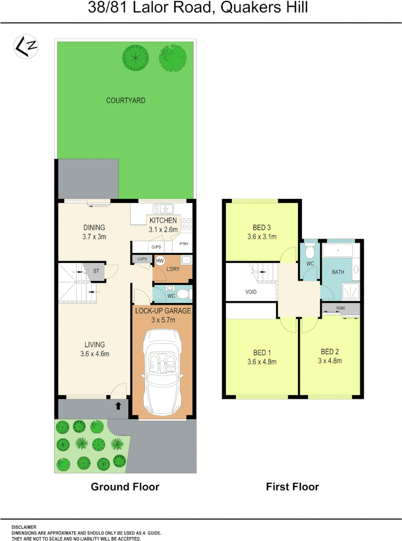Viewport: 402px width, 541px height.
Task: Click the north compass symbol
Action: click(26, 47)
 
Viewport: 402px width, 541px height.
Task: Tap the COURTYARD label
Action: click(126, 101)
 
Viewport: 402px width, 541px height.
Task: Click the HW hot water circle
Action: click(160, 261)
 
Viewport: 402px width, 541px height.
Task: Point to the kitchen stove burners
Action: click(187, 223)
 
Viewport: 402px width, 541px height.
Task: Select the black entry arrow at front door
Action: click(118, 406)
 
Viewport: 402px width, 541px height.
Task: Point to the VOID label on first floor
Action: click(251, 292)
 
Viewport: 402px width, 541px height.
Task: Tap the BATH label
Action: click(338, 272)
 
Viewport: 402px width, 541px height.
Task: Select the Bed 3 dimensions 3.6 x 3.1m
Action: click(262, 237)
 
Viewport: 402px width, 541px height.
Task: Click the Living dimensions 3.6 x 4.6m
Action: click(95, 354)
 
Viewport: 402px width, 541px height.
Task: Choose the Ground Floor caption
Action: click(125, 486)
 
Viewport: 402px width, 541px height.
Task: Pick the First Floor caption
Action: click(292, 486)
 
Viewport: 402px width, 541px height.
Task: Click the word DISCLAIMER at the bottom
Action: click(24, 527)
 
